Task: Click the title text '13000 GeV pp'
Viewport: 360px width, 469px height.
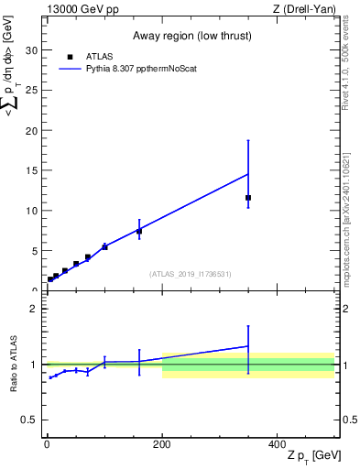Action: coord(78,8)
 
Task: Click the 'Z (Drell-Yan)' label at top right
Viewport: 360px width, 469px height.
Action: coord(305,8)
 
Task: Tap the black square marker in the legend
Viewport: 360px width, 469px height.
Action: coord(71,56)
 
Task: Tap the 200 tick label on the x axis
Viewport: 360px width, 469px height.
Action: coord(161,443)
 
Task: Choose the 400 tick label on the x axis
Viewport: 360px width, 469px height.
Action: coord(277,443)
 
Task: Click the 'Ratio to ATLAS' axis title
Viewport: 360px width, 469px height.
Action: coord(12,363)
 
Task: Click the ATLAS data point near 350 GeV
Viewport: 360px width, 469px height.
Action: coord(248,198)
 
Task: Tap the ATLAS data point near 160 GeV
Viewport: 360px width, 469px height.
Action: coord(139,232)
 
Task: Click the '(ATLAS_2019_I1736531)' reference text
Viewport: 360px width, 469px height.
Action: coord(191,274)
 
